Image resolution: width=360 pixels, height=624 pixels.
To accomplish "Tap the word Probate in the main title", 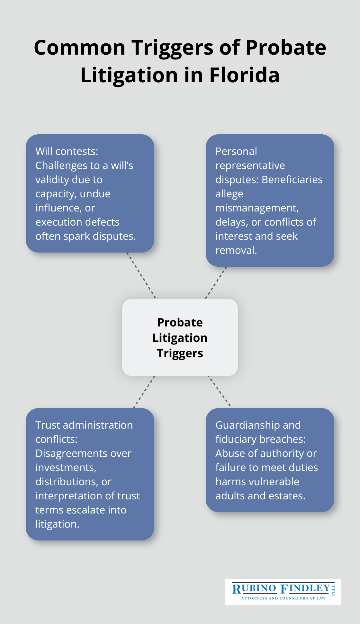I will click(x=286, y=48).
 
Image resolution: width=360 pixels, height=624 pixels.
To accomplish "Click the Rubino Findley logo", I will click(x=283, y=592).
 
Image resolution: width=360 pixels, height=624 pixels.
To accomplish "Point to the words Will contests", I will click(x=67, y=151).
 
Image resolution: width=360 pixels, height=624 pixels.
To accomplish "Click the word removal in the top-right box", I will click(x=236, y=250).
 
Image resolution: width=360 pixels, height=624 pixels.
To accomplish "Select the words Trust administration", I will click(x=84, y=425).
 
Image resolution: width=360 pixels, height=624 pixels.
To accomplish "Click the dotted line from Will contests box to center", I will click(x=141, y=275).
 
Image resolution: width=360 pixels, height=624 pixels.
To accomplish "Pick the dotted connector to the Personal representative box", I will click(x=216, y=282).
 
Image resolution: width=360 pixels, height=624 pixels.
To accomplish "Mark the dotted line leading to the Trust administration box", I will click(x=144, y=392).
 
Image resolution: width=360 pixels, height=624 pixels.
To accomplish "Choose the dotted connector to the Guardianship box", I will click(x=220, y=392).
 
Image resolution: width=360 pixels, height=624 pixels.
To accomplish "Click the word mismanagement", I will click(x=256, y=208).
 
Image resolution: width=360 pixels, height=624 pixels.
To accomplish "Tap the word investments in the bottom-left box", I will click(x=66, y=468).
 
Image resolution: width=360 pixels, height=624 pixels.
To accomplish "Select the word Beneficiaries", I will click(x=292, y=180).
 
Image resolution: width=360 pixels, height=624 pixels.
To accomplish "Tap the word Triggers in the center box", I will click(x=180, y=353).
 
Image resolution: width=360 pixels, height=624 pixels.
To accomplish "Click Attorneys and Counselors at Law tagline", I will click(x=283, y=598).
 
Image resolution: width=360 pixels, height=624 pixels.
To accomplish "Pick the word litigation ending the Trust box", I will click(x=57, y=524).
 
